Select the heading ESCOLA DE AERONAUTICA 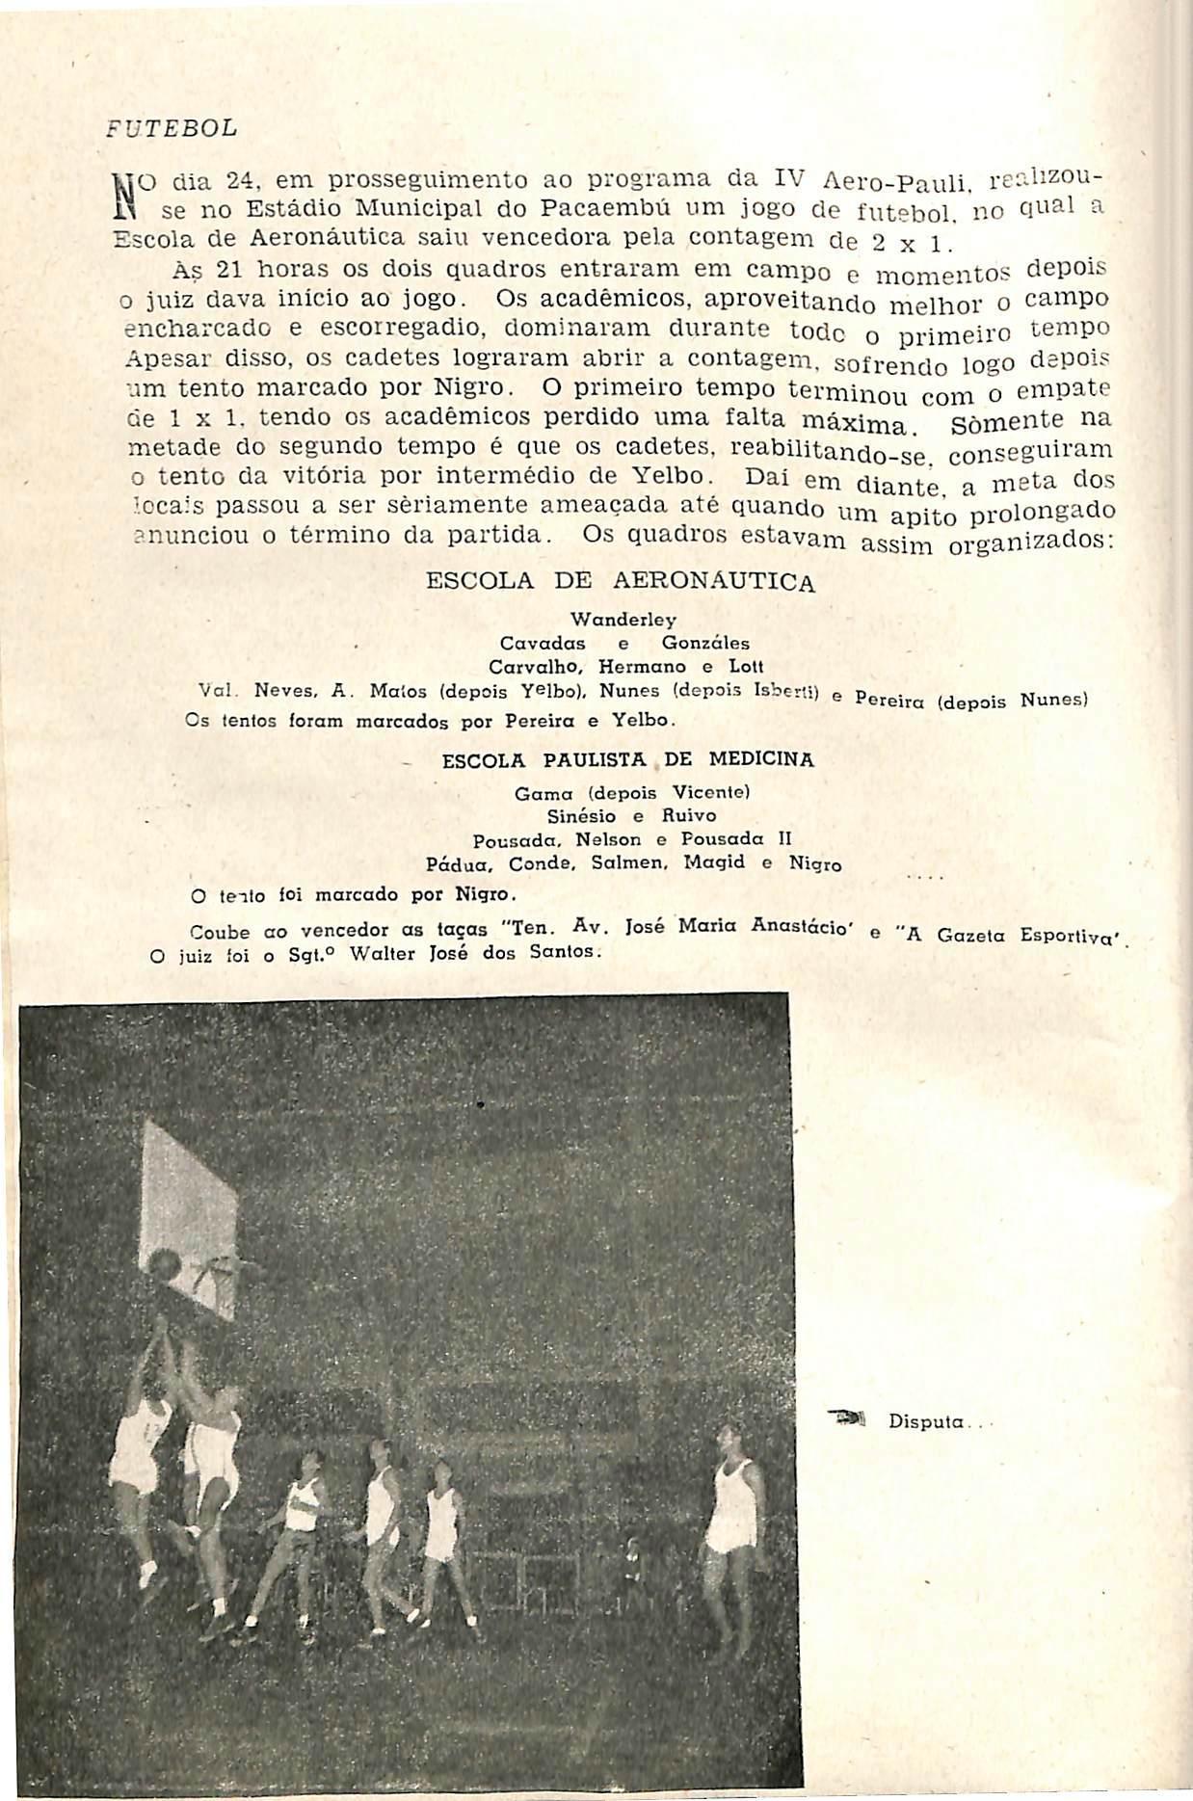(x=620, y=581)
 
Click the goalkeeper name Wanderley (x=623, y=619)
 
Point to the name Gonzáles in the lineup (x=705, y=643)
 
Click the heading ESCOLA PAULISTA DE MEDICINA (x=627, y=759)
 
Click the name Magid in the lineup (x=714, y=863)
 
